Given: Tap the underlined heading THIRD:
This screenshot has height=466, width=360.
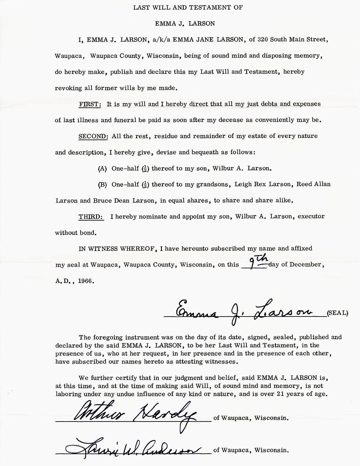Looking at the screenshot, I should point(91,217).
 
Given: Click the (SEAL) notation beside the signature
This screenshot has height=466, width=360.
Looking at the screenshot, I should point(337,313).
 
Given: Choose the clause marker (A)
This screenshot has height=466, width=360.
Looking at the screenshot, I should point(102,169).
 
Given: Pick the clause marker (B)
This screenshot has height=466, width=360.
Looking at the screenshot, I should point(102,185).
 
